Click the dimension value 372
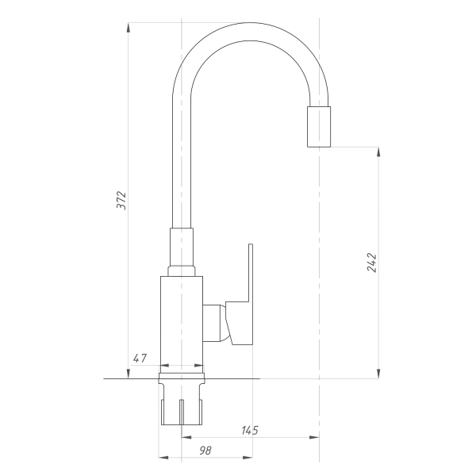point(121,200)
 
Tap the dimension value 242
point(372,263)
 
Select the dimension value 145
point(250,430)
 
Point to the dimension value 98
point(205,451)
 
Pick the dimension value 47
point(140,359)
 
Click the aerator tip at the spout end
point(319,127)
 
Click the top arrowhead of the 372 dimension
point(128,27)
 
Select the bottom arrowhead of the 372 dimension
point(128,374)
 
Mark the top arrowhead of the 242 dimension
point(378,152)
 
